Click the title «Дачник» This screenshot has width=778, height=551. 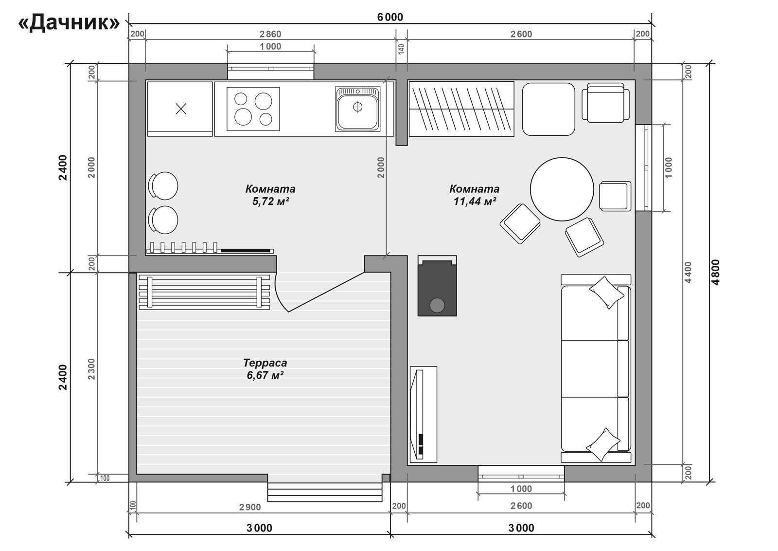tap(69, 23)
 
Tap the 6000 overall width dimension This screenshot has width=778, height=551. tap(390, 17)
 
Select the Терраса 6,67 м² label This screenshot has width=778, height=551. tap(265, 369)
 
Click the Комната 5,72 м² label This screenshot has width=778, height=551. tap(270, 195)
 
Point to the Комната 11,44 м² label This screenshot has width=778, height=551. tap(475, 195)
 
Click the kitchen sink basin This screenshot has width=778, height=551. tap(358, 109)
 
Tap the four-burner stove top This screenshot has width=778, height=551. tap(253, 109)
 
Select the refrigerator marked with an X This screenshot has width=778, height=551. tap(180, 109)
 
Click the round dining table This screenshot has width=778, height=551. tap(562, 189)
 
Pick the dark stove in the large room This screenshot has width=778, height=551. tap(437, 286)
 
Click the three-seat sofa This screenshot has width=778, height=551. tap(596, 368)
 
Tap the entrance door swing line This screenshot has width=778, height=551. tap(326, 292)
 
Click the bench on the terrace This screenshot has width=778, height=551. tap(204, 292)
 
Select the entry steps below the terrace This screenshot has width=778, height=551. tap(325, 492)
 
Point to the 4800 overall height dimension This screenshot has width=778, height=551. tap(715, 272)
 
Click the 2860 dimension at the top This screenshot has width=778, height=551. tap(270, 34)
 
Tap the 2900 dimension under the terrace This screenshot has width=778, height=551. tap(250, 507)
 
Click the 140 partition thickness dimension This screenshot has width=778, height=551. tap(401, 49)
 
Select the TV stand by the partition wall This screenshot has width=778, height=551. tap(424, 414)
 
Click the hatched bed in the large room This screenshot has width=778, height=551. tap(461, 109)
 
